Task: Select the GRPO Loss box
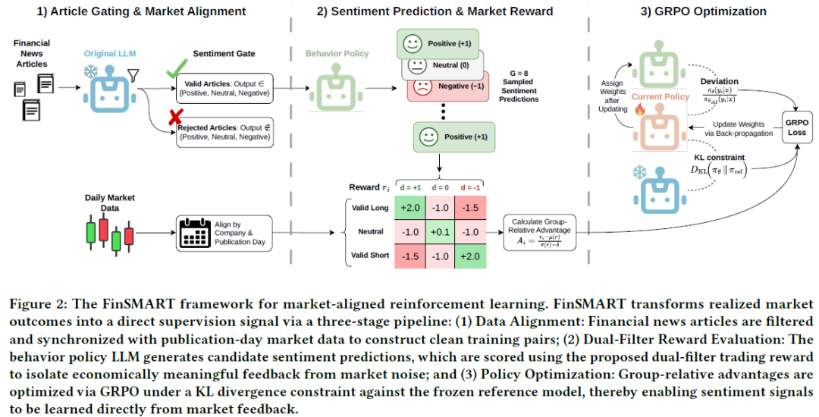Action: (x=796, y=127)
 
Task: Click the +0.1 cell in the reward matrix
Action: (x=441, y=232)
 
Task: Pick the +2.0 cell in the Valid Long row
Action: (x=410, y=208)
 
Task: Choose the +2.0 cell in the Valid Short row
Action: (x=471, y=256)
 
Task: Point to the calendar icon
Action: (x=194, y=234)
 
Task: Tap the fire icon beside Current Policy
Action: (x=640, y=109)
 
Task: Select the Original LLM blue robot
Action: (x=110, y=88)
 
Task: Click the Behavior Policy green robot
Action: (x=336, y=88)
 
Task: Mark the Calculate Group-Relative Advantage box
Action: (x=540, y=232)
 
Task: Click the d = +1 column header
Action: (x=410, y=187)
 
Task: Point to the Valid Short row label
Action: (x=370, y=256)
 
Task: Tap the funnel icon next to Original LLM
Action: (x=133, y=77)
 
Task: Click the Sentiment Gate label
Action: (x=224, y=53)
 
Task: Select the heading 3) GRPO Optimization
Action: (x=704, y=11)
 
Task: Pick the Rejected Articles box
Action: (x=224, y=132)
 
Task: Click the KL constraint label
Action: (x=719, y=157)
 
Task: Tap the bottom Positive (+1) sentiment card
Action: (x=454, y=136)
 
